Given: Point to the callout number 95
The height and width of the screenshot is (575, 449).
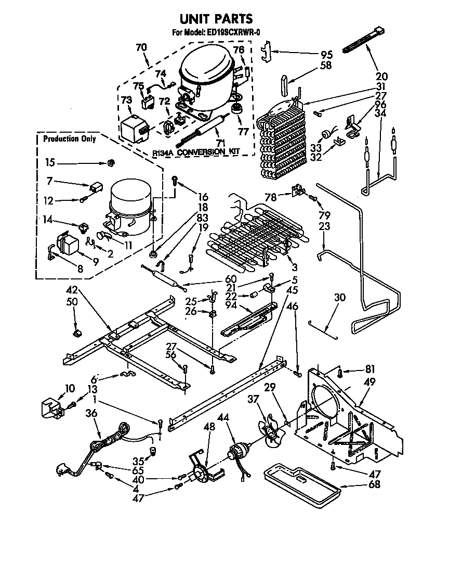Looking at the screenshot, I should coord(326,54).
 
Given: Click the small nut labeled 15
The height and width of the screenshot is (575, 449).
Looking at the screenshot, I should coord(110,164).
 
